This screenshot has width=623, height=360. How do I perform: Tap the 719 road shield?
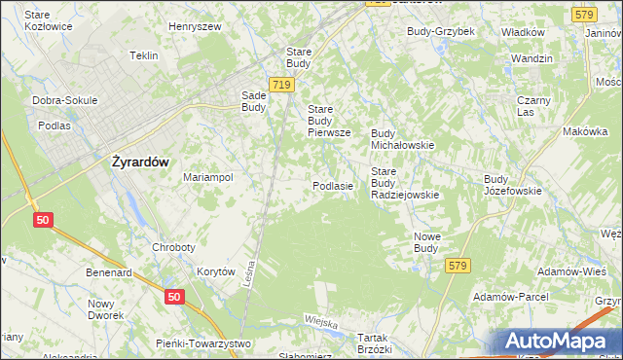(282, 86)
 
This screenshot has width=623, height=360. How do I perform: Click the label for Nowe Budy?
(426, 242)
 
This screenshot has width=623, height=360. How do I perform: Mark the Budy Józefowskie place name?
(512, 185)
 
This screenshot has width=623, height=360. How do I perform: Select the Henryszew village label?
(194, 26)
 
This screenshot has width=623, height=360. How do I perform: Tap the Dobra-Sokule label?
(61, 100)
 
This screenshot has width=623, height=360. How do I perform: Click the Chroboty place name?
(176, 247)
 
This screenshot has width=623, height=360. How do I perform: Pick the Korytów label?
(216, 272)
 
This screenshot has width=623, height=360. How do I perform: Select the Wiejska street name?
(320, 321)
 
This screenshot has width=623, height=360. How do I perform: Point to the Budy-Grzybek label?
(440, 31)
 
